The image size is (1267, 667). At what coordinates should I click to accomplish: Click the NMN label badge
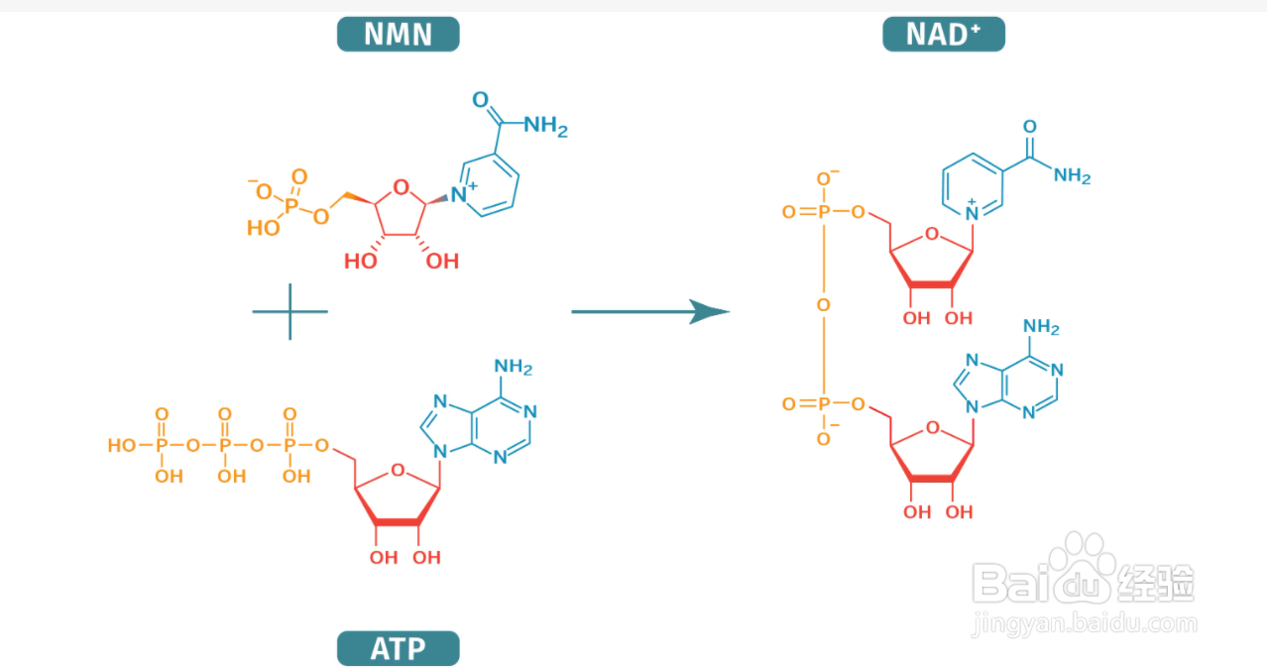tap(398, 35)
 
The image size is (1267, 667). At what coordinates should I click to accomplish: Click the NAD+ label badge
tap(943, 35)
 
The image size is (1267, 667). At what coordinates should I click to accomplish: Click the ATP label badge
tap(398, 649)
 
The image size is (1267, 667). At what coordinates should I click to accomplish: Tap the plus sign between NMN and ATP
tap(289, 312)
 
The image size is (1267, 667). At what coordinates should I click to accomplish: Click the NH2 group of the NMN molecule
tap(545, 127)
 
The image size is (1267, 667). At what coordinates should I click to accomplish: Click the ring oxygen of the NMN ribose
tap(400, 186)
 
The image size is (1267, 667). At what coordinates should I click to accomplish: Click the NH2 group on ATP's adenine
tap(514, 368)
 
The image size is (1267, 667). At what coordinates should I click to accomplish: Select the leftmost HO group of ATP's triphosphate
tap(122, 446)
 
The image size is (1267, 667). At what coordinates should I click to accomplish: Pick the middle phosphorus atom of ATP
tap(225, 446)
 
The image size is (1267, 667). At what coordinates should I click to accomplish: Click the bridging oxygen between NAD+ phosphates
tap(823, 306)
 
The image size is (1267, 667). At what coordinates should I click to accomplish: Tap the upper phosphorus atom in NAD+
tap(823, 212)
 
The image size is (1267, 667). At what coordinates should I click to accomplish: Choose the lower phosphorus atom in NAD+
tap(823, 404)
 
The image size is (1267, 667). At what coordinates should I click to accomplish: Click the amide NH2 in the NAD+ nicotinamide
tap(1072, 176)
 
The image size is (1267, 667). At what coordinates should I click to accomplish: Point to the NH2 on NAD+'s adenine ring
tap(1041, 327)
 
